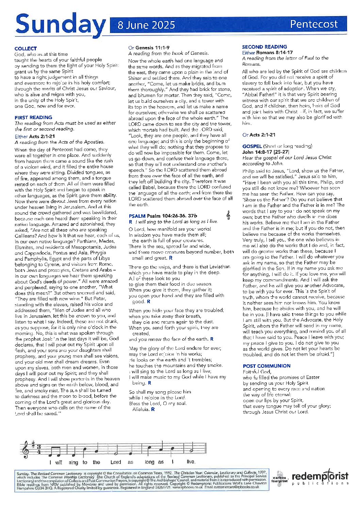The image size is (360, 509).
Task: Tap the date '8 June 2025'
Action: point(146,25)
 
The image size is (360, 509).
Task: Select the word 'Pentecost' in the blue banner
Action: point(313,24)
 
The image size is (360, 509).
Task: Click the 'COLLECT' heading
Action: point(26,48)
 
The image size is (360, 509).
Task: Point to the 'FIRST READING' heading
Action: point(33,117)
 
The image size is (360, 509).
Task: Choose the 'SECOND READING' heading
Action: point(264,47)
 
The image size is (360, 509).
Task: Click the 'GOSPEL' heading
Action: point(252,146)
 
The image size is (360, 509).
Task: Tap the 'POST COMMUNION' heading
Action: point(266,366)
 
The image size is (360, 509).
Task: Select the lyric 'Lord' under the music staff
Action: point(116,462)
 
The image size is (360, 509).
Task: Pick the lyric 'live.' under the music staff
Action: point(191,462)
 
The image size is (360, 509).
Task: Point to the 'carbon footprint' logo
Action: point(280,478)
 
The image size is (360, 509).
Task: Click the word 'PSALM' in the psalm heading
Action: point(137,216)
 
